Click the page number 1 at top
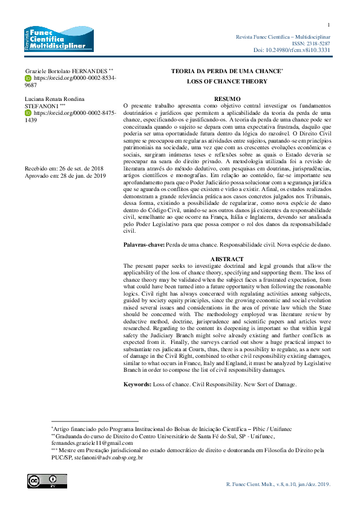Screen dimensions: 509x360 [328, 25]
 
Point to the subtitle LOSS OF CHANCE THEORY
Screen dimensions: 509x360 [227, 80]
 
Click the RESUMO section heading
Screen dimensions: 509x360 [227, 97]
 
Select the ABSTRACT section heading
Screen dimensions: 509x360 [227, 259]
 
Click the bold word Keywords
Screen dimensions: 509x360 [139, 384]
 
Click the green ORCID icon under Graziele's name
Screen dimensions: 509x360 [28, 79]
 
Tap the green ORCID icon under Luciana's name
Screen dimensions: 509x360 [28, 113]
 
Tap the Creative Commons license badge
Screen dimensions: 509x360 [39, 481]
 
